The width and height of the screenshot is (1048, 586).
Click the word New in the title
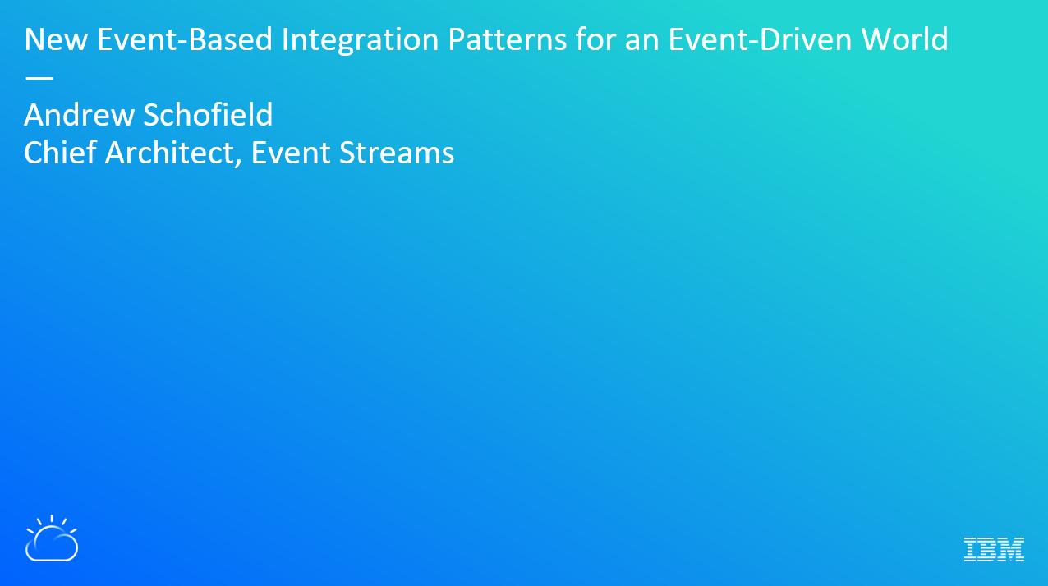[56, 39]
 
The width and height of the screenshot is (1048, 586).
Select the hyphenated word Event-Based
[185, 39]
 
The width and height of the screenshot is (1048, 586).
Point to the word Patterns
[508, 39]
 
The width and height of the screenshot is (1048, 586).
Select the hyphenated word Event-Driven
[761, 39]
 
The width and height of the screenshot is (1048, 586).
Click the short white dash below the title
[39, 78]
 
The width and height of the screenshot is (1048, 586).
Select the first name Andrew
[79, 115]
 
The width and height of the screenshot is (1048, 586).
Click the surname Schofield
[208, 114]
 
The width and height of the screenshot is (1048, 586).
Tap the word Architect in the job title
[169, 153]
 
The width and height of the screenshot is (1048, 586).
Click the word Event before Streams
[291, 153]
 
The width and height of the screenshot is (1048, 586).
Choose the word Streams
[397, 153]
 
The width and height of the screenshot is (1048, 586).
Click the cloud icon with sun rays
[52, 538]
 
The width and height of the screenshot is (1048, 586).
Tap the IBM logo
[994, 549]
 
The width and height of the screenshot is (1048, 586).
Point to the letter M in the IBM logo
[1009, 549]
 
